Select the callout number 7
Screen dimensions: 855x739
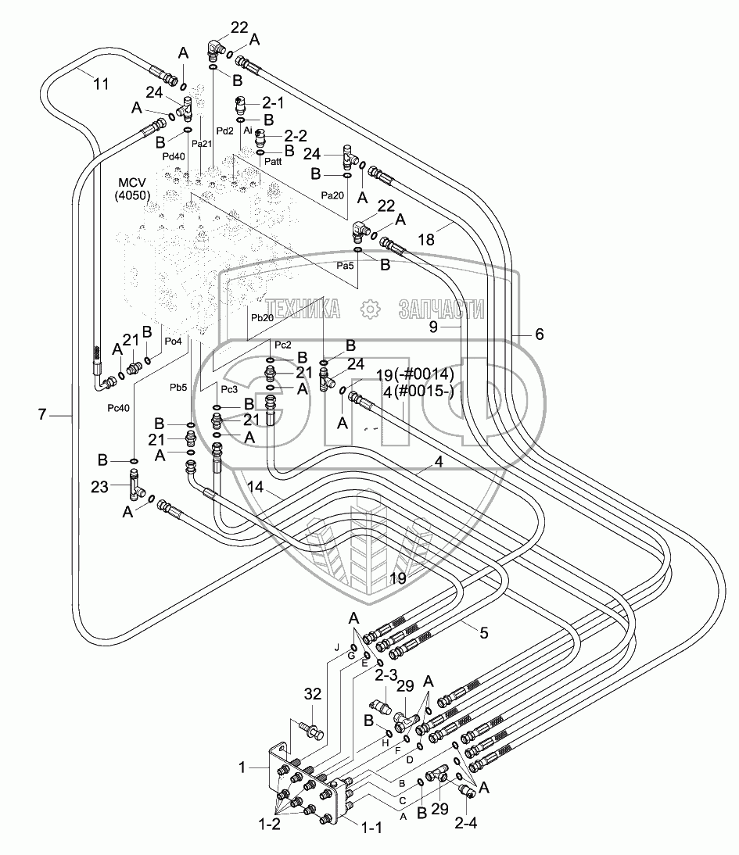coord(45,416)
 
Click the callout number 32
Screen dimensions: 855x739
coord(312,693)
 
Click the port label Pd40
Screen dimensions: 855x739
coord(174,156)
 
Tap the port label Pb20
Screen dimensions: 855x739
coord(262,318)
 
